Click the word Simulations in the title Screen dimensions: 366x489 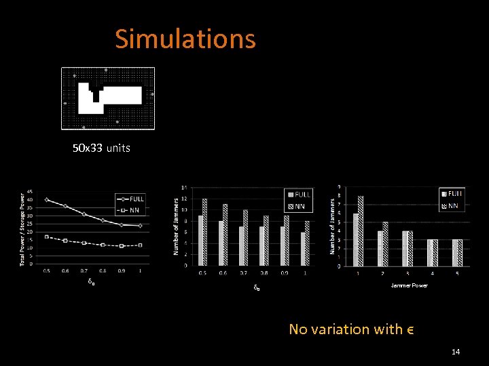pos(185,39)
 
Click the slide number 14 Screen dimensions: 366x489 pos(456,352)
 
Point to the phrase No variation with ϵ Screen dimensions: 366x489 pos(351,329)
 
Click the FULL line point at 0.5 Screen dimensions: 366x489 pos(47,199)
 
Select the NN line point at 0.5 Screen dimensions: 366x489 pos(47,237)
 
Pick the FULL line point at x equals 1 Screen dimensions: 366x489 pos(140,226)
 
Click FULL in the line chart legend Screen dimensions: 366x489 pos(137,199)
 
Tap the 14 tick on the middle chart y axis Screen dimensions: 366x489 pos(186,187)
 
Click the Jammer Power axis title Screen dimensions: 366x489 pos(410,285)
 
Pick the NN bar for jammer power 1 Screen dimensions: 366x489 pos(361,230)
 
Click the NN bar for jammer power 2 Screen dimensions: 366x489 pos(385,243)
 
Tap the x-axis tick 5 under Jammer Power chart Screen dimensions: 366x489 pos(457,273)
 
